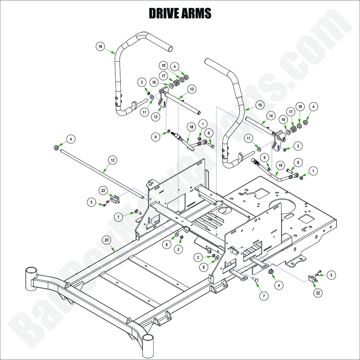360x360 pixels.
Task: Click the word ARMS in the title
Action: pos(196,13)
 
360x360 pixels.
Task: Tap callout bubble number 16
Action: pos(100,46)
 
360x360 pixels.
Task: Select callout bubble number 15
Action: pos(259,105)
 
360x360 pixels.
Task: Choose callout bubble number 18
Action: pos(191,126)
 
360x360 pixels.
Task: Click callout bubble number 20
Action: pos(106,240)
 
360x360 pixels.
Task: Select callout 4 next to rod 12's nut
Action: pos(71,139)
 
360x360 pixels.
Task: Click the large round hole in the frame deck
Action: pos(283,206)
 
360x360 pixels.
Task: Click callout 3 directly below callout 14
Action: pos(298,146)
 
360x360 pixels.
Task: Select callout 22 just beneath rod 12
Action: pos(103,190)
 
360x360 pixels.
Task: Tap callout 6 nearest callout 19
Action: pos(298,162)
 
